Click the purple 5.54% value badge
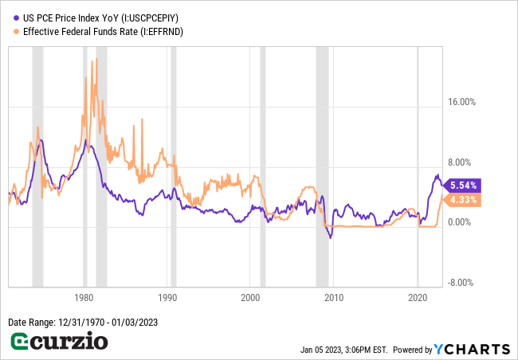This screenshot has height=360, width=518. [463, 186]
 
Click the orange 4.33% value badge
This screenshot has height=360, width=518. [463, 200]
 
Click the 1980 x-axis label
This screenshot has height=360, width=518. [84, 297]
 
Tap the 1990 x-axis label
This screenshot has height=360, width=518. [167, 297]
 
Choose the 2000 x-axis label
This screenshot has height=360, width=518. [250, 297]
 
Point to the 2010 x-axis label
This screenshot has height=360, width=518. [333, 297]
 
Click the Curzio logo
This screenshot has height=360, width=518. [59, 342]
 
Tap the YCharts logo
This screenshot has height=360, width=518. [472, 349]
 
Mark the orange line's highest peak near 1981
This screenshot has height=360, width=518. [92, 61]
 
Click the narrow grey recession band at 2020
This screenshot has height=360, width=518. [418, 159]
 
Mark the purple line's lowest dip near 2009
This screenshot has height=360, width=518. [331, 237]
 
